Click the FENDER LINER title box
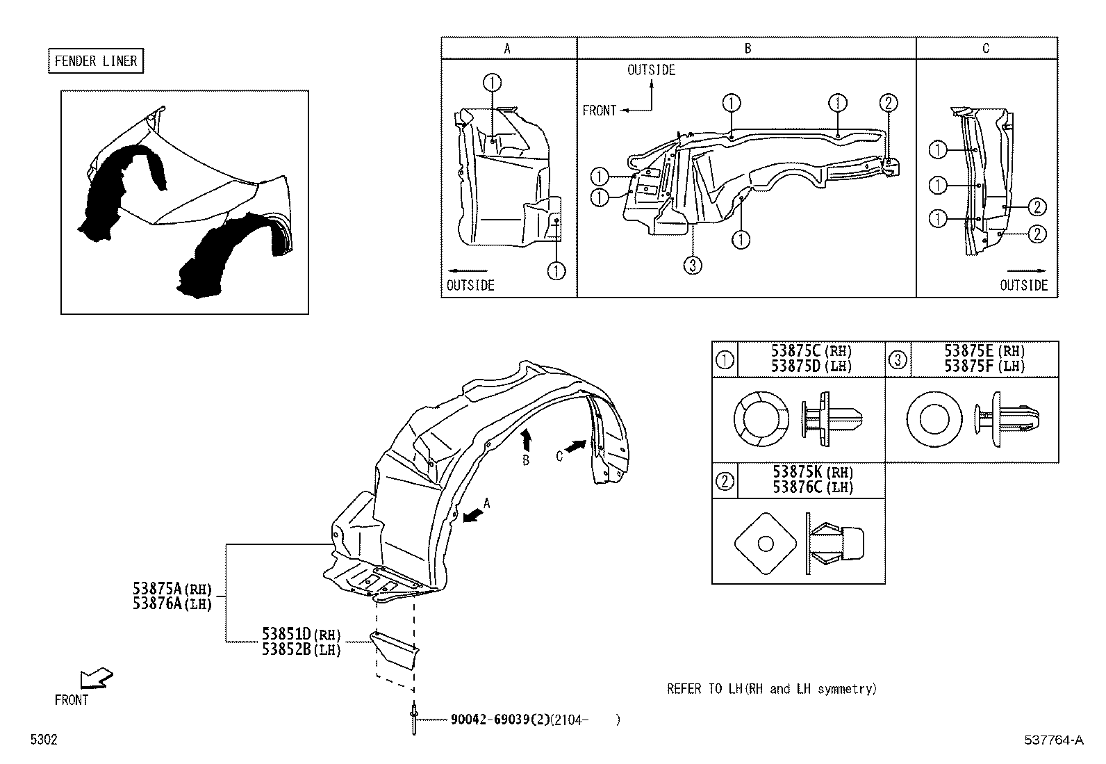tap(96, 61)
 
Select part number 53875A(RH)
tap(172, 590)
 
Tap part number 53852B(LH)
tap(301, 650)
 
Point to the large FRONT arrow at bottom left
tap(96, 678)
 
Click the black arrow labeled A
tap(474, 514)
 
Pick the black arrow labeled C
tap(575, 447)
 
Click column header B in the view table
tap(748, 48)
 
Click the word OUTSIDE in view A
tap(470, 285)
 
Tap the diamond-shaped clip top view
tap(764, 544)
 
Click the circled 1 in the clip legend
tap(725, 359)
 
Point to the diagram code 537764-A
tap(1053, 740)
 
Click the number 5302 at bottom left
tap(43, 740)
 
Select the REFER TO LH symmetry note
tap(771, 689)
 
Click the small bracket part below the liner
tap(395, 648)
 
